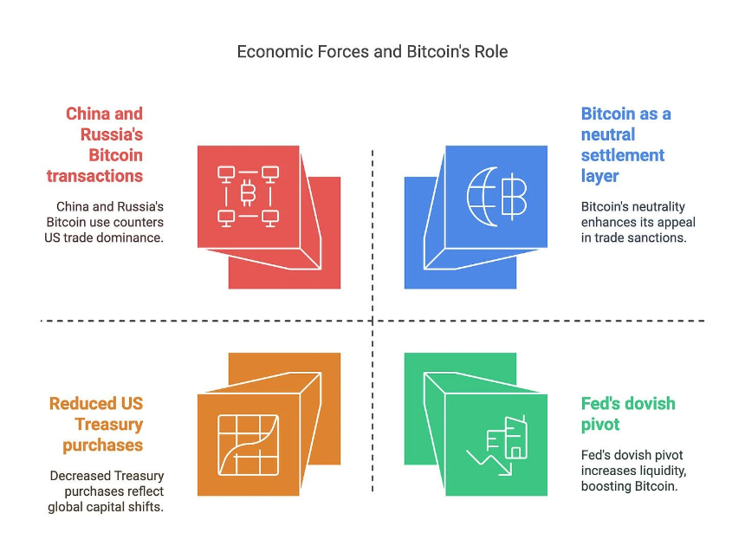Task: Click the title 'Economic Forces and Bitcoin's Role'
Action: (372, 52)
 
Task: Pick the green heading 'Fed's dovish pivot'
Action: (628, 413)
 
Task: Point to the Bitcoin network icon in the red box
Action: (248, 195)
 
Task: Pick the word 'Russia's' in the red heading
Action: (112, 134)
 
